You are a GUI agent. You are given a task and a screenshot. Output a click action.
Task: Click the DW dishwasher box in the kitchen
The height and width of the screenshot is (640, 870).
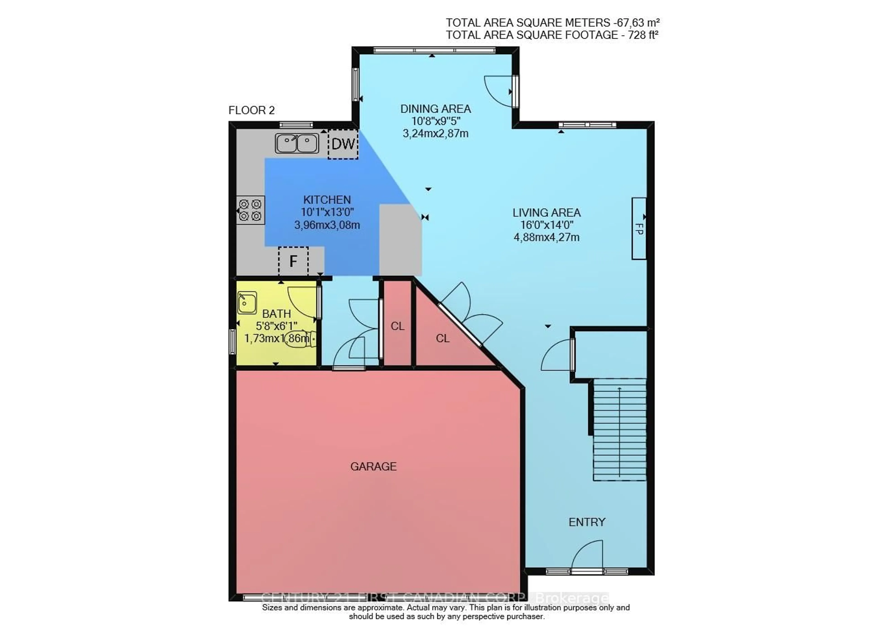tap(343, 144)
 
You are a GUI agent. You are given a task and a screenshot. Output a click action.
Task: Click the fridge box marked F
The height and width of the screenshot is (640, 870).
tap(293, 261)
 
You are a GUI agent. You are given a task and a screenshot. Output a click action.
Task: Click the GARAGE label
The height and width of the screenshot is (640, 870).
tap(373, 466)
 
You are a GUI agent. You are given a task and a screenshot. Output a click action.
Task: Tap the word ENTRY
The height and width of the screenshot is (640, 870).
tap(587, 522)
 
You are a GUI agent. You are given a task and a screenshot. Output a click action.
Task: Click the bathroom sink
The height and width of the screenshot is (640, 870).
tap(247, 302)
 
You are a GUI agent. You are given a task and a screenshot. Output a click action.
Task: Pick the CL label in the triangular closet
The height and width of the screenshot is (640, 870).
tap(442, 338)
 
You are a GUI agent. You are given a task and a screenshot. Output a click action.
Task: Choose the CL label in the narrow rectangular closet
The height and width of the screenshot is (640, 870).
tap(397, 326)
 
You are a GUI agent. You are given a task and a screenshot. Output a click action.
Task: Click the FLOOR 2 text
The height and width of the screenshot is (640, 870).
tap(251, 110)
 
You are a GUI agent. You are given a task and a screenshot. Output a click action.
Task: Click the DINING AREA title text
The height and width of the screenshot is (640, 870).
tap(435, 109)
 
